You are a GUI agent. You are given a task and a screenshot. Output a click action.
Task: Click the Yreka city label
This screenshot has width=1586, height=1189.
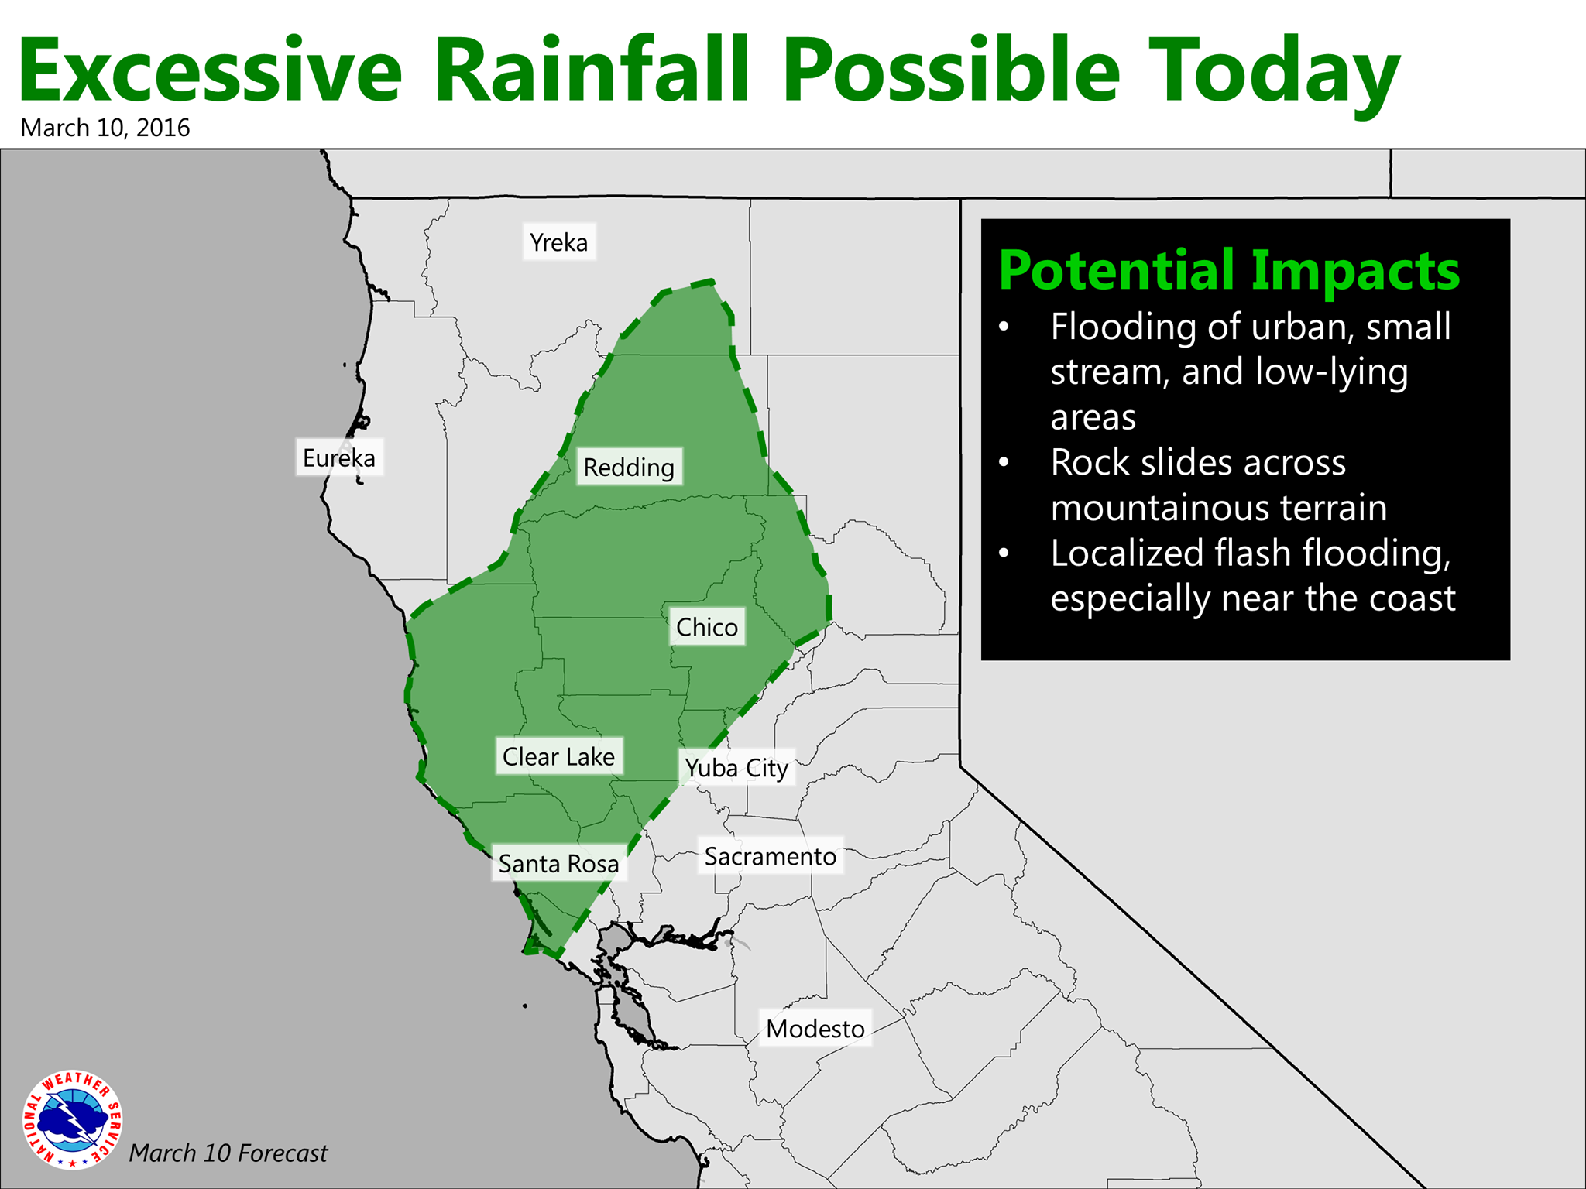tap(559, 242)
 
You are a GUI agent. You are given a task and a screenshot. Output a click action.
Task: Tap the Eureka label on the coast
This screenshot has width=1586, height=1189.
tap(339, 457)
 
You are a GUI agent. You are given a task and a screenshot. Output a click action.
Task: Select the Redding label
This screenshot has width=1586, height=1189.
tap(629, 467)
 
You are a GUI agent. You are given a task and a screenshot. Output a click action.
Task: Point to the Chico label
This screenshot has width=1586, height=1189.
tap(707, 627)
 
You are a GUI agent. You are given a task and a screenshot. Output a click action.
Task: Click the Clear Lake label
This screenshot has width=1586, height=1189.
tap(559, 756)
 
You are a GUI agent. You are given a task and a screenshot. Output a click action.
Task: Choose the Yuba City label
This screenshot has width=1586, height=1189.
tap(736, 768)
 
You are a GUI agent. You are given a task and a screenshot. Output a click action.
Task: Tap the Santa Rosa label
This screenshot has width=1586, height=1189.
tap(559, 863)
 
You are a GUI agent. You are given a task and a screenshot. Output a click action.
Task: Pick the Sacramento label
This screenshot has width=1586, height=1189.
tap(771, 856)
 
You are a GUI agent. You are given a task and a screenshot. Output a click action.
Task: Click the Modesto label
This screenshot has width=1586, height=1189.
tap(815, 1028)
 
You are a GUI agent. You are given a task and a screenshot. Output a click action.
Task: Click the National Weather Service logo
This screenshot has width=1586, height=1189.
tap(73, 1119)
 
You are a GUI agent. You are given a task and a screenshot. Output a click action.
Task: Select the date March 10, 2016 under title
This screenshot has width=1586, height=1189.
tap(105, 128)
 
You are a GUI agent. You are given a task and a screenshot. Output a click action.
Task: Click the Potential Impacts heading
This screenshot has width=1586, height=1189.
tap(1229, 272)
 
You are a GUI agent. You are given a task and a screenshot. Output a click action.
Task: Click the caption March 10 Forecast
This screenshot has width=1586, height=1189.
tap(228, 1153)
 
